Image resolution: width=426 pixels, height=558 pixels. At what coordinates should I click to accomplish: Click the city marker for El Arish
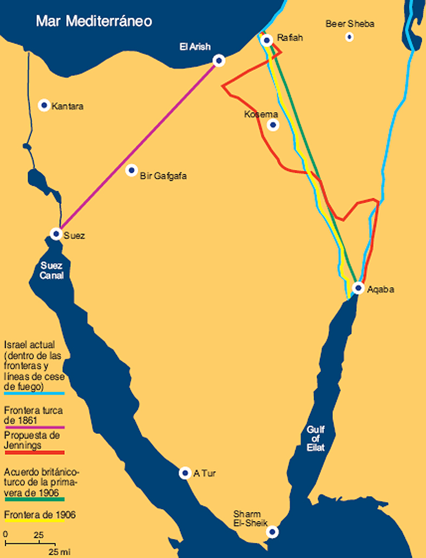pyautogui.click(x=219, y=60)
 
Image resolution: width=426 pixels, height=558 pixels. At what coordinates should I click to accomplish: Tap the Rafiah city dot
pyautogui.click(x=266, y=40)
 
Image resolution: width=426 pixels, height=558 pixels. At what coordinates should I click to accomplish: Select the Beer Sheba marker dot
pyautogui.click(x=350, y=37)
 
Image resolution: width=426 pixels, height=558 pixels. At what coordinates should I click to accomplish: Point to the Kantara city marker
pyautogui.click(x=44, y=105)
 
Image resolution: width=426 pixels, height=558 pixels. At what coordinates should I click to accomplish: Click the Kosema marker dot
pyautogui.click(x=273, y=125)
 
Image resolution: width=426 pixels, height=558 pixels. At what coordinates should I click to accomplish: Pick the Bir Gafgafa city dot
pyautogui.click(x=131, y=171)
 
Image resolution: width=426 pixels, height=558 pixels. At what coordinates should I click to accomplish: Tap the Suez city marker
pyautogui.click(x=56, y=234)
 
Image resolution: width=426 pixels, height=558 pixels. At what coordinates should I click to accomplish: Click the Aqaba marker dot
pyautogui.click(x=358, y=288)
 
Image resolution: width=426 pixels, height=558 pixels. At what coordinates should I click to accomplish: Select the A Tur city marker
pyautogui.click(x=185, y=473)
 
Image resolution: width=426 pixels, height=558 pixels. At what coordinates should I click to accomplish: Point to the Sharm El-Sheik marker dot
pyautogui.click(x=273, y=532)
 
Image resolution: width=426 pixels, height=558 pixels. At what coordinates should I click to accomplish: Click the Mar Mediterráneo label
pyautogui.click(x=94, y=21)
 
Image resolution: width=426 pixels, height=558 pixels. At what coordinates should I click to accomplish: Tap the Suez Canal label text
pyautogui.click(x=52, y=270)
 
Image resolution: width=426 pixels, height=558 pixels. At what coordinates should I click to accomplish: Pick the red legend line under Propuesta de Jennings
pyautogui.click(x=34, y=452)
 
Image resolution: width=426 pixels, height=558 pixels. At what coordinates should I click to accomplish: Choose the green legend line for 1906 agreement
pyautogui.click(x=34, y=499)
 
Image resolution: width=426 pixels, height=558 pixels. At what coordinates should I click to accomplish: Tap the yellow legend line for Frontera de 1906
pyautogui.click(x=34, y=522)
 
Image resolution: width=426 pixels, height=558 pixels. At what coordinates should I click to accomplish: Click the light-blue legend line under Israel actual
pyautogui.click(x=34, y=393)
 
